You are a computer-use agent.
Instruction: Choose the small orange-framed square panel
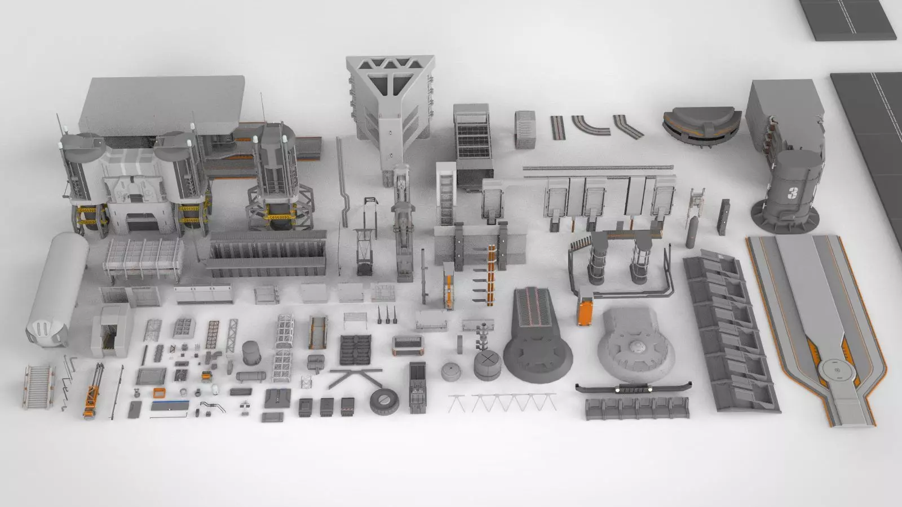(x=160, y=393)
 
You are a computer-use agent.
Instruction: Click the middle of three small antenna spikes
(x=388, y=316)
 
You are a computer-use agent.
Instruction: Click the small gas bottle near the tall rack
(x=690, y=233)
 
